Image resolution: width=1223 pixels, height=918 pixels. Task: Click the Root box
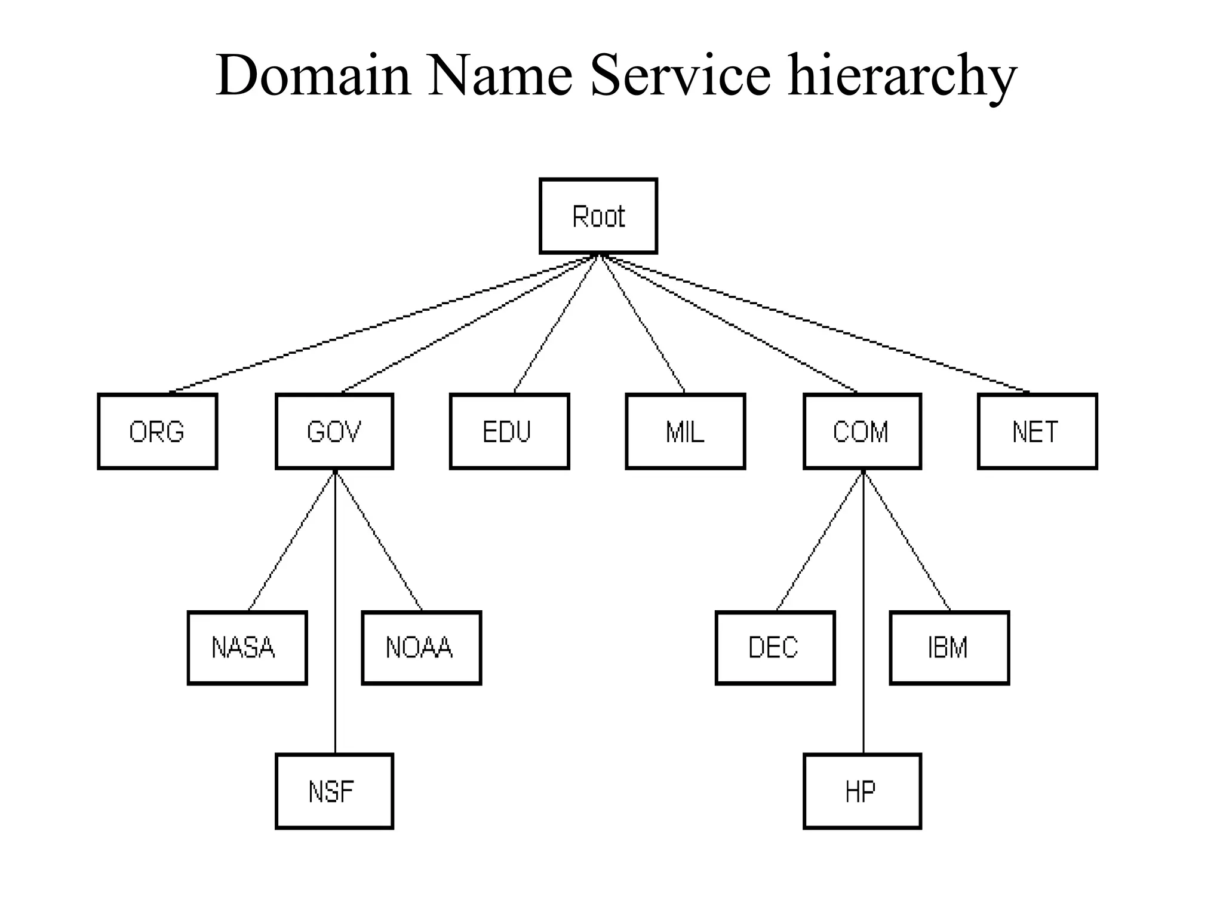tap(598, 216)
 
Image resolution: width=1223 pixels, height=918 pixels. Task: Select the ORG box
tap(158, 431)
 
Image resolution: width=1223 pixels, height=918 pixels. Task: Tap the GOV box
tap(334, 431)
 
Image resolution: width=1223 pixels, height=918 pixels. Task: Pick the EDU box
tap(509, 431)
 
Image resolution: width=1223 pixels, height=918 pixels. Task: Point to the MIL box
tap(686, 431)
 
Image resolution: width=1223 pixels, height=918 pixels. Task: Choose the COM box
tap(862, 431)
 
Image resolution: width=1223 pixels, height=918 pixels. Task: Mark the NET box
tap(1037, 431)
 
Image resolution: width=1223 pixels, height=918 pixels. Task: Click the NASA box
tap(247, 647)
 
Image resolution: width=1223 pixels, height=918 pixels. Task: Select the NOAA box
tap(422, 647)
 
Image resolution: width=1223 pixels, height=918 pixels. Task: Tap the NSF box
tap(334, 791)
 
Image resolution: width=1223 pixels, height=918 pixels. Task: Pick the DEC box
tap(775, 647)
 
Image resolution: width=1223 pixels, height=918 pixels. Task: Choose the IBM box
tap(949, 647)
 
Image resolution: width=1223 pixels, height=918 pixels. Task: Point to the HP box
tap(862, 791)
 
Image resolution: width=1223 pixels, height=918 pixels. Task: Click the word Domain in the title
tap(314, 76)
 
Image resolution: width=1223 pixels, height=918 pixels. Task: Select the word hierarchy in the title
tap(902, 76)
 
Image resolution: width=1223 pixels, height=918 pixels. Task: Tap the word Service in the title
tap(680, 76)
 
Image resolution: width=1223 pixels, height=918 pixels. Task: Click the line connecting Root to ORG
tap(382, 325)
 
